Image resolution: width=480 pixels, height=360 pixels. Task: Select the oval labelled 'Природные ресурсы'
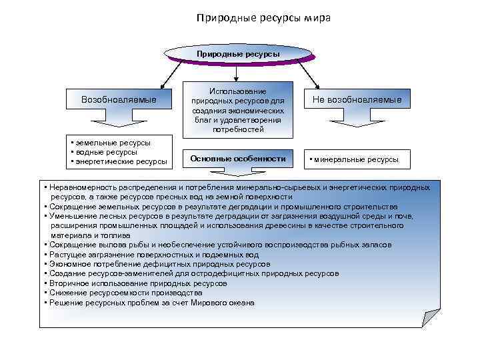click(x=237, y=53)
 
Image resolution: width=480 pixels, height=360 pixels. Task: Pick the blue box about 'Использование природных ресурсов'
click(x=239, y=110)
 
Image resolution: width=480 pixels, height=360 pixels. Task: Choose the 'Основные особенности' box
click(x=238, y=159)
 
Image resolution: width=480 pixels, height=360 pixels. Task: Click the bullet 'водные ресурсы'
click(x=104, y=152)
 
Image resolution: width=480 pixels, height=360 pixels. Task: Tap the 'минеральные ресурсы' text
click(x=356, y=159)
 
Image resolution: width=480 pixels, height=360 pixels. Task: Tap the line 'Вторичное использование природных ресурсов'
click(x=137, y=283)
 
